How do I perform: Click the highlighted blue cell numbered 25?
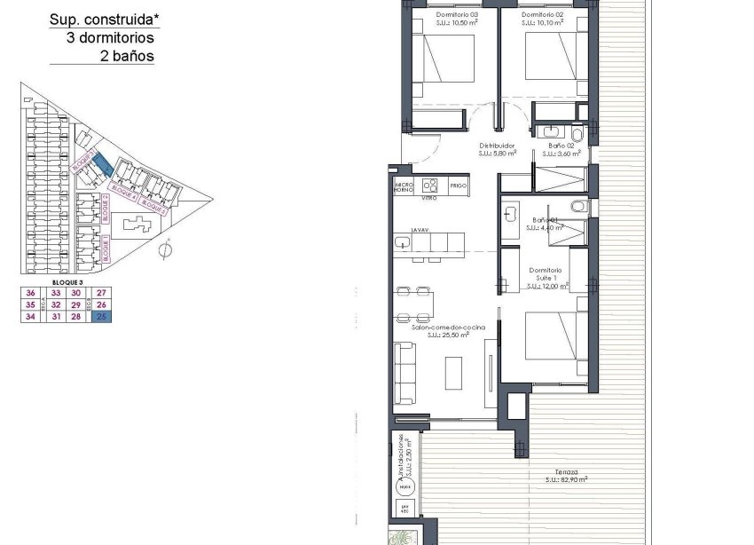point(101,316)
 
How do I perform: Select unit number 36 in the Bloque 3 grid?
point(31,293)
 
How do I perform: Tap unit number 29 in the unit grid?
point(77,304)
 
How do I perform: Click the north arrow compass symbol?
point(164,250)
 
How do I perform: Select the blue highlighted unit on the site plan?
point(102,165)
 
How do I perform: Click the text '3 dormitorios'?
point(110,38)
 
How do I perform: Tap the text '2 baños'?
point(128,56)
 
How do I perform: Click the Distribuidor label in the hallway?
point(497,146)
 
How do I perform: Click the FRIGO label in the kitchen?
point(459,186)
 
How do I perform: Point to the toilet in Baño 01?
point(578,207)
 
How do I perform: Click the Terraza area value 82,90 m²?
point(567,480)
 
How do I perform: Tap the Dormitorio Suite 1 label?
point(546,274)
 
